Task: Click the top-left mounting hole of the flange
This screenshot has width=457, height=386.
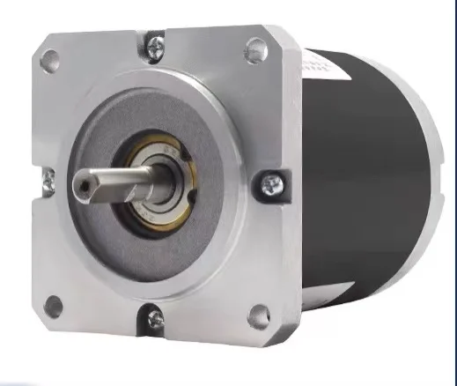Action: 50,60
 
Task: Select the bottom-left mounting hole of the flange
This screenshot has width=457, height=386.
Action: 54,307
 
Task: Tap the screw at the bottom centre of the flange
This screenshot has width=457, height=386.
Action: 155,318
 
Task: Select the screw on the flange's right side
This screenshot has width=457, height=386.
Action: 269,184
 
